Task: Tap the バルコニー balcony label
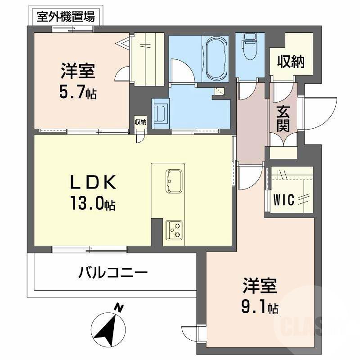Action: (113, 273)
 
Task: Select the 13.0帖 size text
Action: (92, 205)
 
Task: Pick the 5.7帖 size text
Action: (78, 94)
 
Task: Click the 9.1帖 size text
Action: (259, 308)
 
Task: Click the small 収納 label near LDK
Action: (140, 122)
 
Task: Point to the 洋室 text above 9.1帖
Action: (260, 287)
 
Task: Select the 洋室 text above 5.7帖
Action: (78, 72)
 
